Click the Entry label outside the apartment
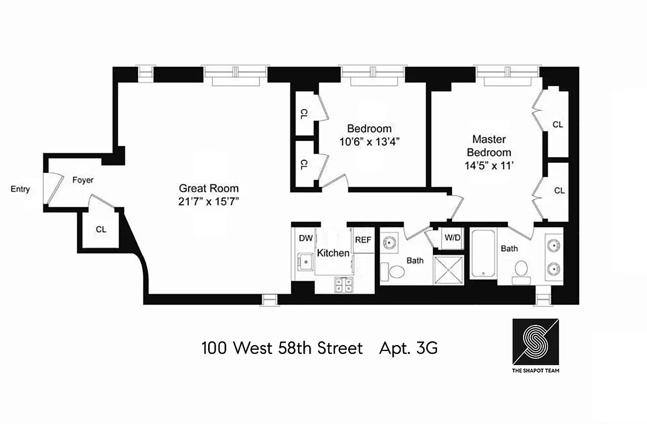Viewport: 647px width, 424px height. point(20,189)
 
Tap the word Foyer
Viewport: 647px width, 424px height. point(83,180)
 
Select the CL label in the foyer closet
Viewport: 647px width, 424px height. point(101,229)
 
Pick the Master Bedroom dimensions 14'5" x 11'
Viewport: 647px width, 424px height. point(489,165)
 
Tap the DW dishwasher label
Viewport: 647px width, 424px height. point(305,238)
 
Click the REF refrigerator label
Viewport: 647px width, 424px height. point(363,240)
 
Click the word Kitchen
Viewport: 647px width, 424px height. point(333,253)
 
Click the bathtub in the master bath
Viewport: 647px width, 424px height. point(482,253)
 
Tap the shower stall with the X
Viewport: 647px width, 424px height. point(449,270)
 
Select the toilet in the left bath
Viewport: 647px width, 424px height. point(394,272)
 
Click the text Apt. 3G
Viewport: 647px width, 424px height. point(408,349)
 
